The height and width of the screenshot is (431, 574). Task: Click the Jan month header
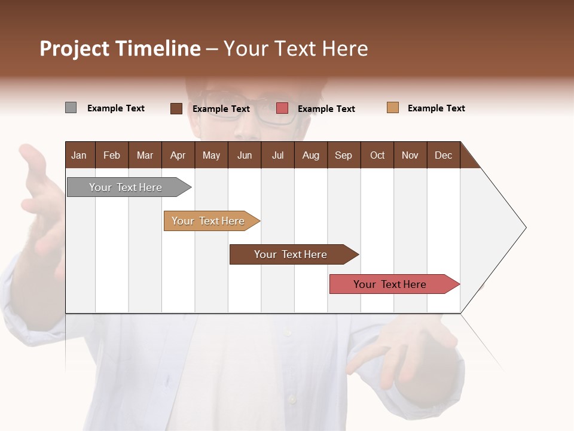pyautogui.click(x=80, y=155)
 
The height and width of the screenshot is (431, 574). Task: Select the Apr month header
pyautogui.click(x=178, y=155)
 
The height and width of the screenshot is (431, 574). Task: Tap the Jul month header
pyautogui.click(x=277, y=155)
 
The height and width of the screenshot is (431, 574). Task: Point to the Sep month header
pyautogui.click(x=343, y=155)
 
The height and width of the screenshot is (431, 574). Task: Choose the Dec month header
pyautogui.click(x=443, y=155)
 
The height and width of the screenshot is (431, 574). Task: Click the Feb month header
pyautogui.click(x=112, y=155)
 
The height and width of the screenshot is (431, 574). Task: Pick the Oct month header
pyautogui.click(x=377, y=155)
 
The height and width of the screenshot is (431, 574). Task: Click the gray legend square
pyautogui.click(x=71, y=108)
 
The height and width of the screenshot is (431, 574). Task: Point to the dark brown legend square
pyautogui.click(x=176, y=108)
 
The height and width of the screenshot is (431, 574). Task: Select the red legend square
pyautogui.click(x=282, y=108)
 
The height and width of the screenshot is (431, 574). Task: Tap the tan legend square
pyautogui.click(x=392, y=108)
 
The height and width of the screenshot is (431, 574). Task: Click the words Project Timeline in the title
pyautogui.click(x=120, y=48)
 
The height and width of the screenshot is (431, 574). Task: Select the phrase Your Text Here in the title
pyautogui.click(x=295, y=48)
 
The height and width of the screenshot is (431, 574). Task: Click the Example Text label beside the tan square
pyautogui.click(x=436, y=108)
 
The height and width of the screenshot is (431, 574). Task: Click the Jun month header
pyautogui.click(x=245, y=155)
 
